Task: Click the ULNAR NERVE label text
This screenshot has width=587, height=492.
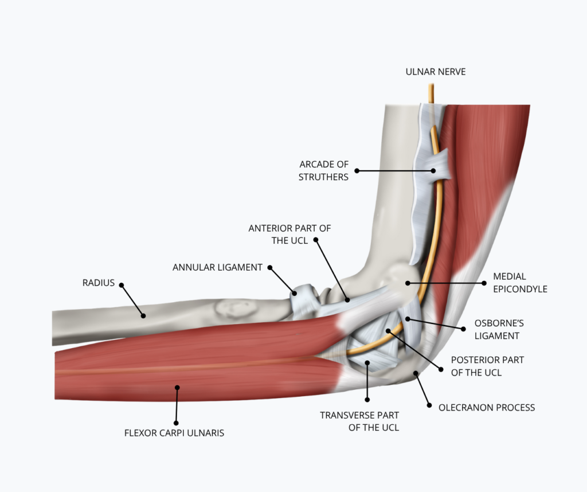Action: pos(436,72)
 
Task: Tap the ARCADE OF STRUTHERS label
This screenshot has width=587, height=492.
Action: pos(323,170)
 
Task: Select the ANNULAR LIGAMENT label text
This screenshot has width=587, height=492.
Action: pos(217,267)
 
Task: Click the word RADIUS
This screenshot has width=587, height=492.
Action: pos(99,283)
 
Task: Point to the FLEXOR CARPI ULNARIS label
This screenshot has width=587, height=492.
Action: pos(174,433)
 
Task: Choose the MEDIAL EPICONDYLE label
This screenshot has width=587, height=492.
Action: pos(520,283)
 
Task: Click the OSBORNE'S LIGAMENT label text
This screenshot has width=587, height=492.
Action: pos(499,330)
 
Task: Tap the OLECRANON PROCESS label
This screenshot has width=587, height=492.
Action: pos(487,407)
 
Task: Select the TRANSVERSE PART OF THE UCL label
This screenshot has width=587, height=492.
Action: pos(359,421)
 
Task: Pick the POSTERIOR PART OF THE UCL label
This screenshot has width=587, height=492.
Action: pos(487,366)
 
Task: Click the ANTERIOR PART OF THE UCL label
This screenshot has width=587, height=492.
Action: pos(289,235)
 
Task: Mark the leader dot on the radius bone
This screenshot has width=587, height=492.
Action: pos(143,315)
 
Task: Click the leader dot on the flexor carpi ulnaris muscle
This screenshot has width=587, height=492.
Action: pos(178,388)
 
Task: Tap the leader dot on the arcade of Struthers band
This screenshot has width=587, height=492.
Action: pos(433,170)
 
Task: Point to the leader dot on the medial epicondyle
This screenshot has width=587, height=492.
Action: pos(408,283)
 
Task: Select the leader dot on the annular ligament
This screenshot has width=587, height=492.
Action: pos(294,293)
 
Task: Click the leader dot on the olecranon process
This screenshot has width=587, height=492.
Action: pos(415,373)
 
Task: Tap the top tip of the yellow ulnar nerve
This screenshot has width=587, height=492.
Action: pos(431,84)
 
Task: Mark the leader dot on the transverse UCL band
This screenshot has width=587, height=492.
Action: pos(367,362)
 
